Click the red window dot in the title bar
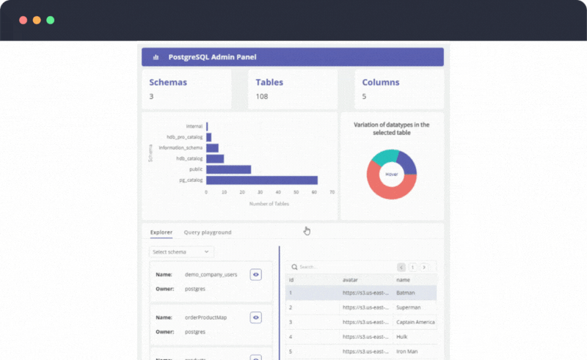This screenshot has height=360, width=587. [23, 20]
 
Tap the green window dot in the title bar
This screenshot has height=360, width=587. [51, 20]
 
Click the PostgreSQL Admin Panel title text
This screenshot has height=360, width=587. [212, 57]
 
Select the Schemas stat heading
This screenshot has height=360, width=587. [168, 82]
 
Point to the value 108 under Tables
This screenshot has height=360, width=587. [262, 97]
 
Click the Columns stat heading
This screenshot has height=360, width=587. [380, 82]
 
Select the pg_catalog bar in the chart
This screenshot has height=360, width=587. [261, 180]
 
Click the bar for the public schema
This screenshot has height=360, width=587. [228, 169]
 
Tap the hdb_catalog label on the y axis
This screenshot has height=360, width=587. [189, 158]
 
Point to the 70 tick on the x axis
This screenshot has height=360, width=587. [332, 192]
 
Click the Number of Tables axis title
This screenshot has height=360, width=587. [269, 203]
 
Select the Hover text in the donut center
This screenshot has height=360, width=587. [392, 175]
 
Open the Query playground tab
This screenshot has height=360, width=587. [208, 232]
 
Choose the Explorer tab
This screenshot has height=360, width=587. [161, 232]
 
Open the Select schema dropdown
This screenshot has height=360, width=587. [181, 251]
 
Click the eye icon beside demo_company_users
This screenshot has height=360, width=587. [256, 274]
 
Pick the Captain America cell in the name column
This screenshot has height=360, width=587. [415, 322]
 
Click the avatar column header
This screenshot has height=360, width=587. [350, 280]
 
